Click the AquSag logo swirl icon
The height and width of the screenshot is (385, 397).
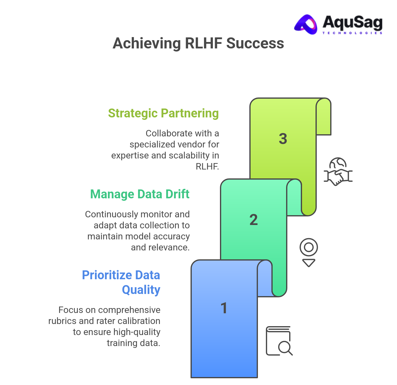tap(306, 24)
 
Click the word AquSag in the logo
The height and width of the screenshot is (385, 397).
tap(352, 22)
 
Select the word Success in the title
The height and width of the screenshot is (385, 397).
tap(255, 43)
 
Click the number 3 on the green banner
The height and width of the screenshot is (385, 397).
tap(283, 139)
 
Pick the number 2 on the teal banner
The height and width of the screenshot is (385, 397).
tap(254, 219)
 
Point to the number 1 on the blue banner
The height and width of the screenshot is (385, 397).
tap(224, 308)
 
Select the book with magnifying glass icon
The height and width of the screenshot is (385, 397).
tap(279, 341)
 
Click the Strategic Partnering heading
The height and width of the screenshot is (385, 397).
tap(163, 113)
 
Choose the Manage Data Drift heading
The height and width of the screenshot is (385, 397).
tap(140, 194)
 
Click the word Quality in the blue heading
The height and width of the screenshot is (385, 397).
tap(141, 290)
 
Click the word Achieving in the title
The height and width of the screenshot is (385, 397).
tap(147, 43)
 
